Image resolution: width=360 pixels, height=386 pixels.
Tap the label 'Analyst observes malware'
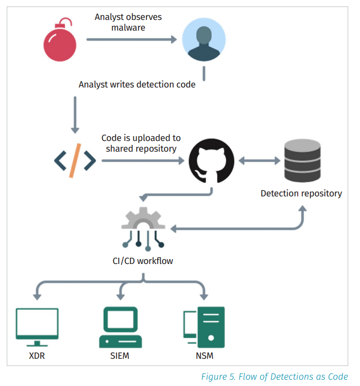128,22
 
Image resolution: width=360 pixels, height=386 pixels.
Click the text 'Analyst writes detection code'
137,85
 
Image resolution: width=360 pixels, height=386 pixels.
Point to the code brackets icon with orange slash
75,160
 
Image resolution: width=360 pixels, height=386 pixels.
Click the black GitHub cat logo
211,161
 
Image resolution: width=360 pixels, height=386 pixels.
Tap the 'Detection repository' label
301,193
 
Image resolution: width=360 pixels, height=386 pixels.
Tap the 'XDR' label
37,356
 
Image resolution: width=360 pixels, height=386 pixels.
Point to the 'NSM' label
204,356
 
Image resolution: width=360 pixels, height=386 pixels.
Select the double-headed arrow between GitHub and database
258,160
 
